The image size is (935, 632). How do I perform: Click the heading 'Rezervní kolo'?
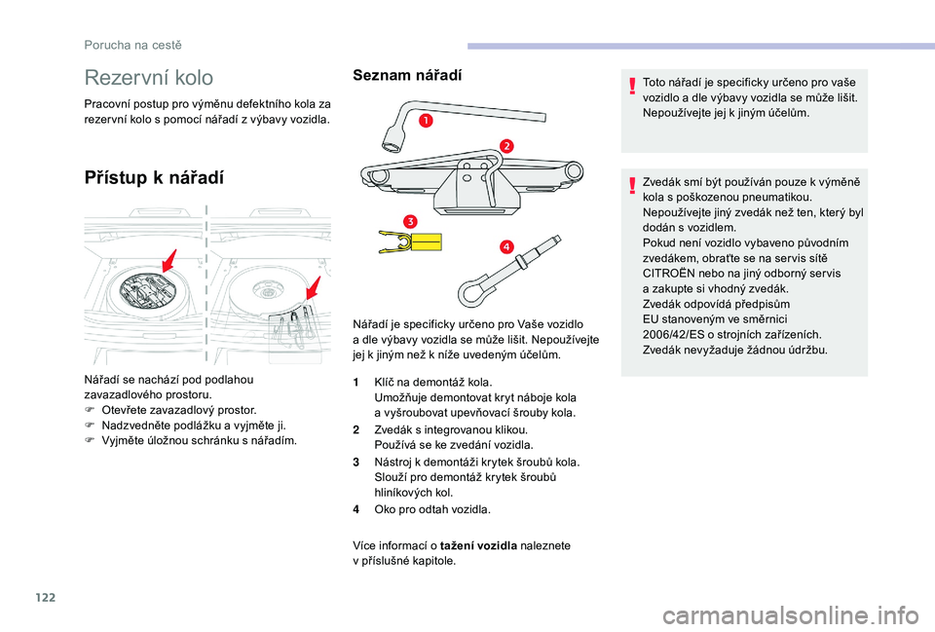[149, 77]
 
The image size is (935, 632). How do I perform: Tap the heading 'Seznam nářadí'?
[407, 74]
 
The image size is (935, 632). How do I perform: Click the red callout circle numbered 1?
[426, 122]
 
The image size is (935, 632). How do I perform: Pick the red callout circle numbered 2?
[506, 145]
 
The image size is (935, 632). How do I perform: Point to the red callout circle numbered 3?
[410, 222]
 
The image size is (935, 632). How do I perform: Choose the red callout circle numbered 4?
[506, 246]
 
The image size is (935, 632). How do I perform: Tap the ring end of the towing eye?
[476, 292]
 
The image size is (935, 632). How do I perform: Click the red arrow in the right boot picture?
[313, 288]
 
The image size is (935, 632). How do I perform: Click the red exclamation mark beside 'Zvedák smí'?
[631, 186]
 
